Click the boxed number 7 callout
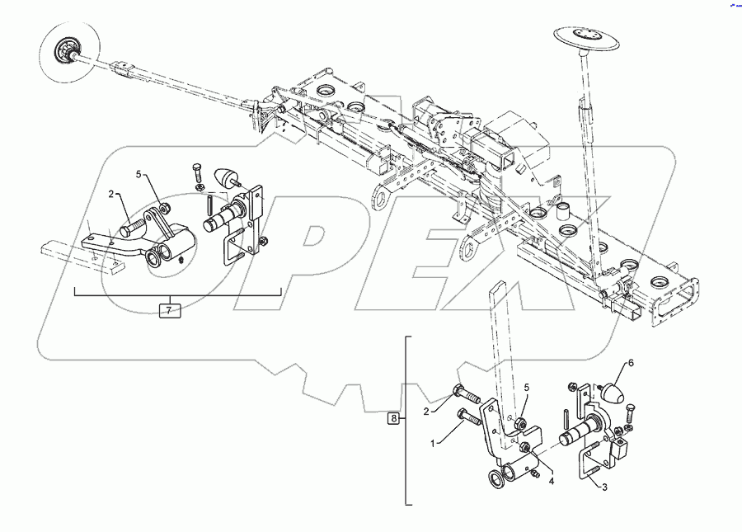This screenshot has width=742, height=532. tap(169, 310)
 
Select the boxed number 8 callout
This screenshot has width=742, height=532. tap(394, 419)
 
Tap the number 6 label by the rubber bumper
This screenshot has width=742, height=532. tap(631, 363)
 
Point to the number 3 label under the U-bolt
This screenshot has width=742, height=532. tap(604, 487)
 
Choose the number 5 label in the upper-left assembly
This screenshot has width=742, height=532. tap(139, 174)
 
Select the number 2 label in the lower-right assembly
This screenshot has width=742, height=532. tap(426, 410)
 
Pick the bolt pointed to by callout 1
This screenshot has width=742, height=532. tap(469, 417)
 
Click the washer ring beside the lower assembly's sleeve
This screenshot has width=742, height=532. tap(498, 478)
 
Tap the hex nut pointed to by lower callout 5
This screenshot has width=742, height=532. tap(521, 424)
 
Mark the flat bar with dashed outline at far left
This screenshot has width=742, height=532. tap(78, 252)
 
